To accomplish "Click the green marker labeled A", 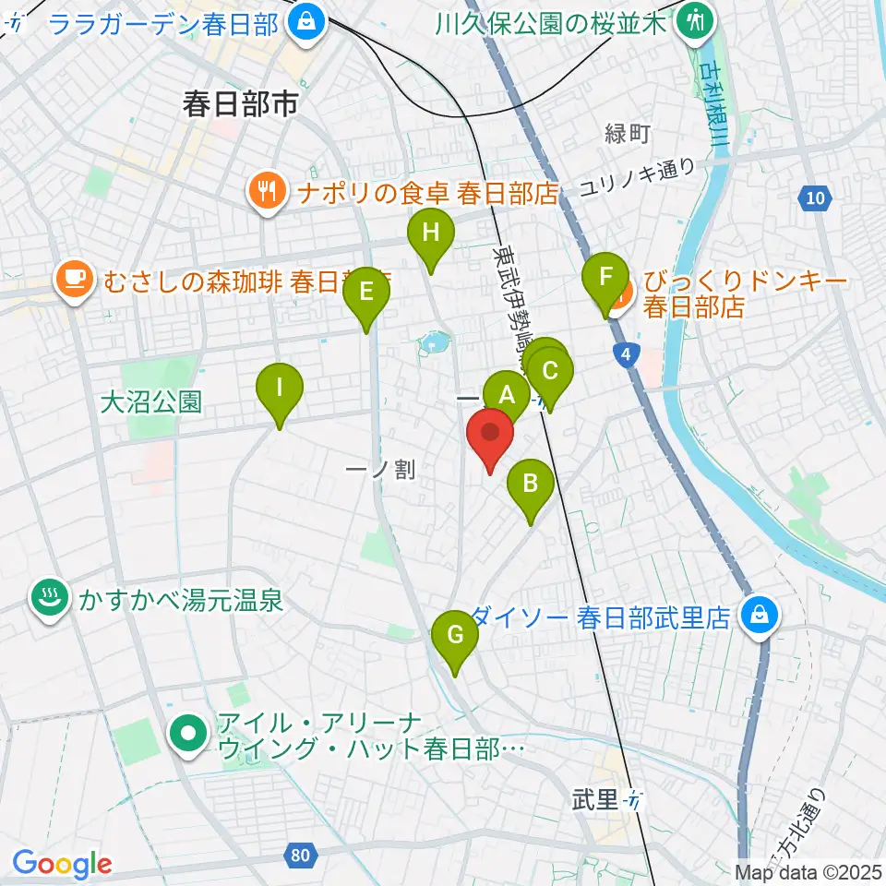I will coord(506,395).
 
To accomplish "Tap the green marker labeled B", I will coord(531,484).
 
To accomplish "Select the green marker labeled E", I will coord(366,293).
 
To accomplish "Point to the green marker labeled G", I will coord(455,636).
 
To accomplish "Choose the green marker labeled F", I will coord(605,277).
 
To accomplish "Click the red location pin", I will coord(491,434).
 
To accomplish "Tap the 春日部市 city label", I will coord(240,104).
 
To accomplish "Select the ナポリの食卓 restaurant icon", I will coord(268,192).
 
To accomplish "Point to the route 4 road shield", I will coord(627,353).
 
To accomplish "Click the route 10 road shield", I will coord(813,198).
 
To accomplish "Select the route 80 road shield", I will coord(299,856).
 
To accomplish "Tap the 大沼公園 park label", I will coord(150,401).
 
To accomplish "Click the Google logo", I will coord(61,865).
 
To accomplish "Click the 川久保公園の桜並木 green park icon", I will coord(693,19).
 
